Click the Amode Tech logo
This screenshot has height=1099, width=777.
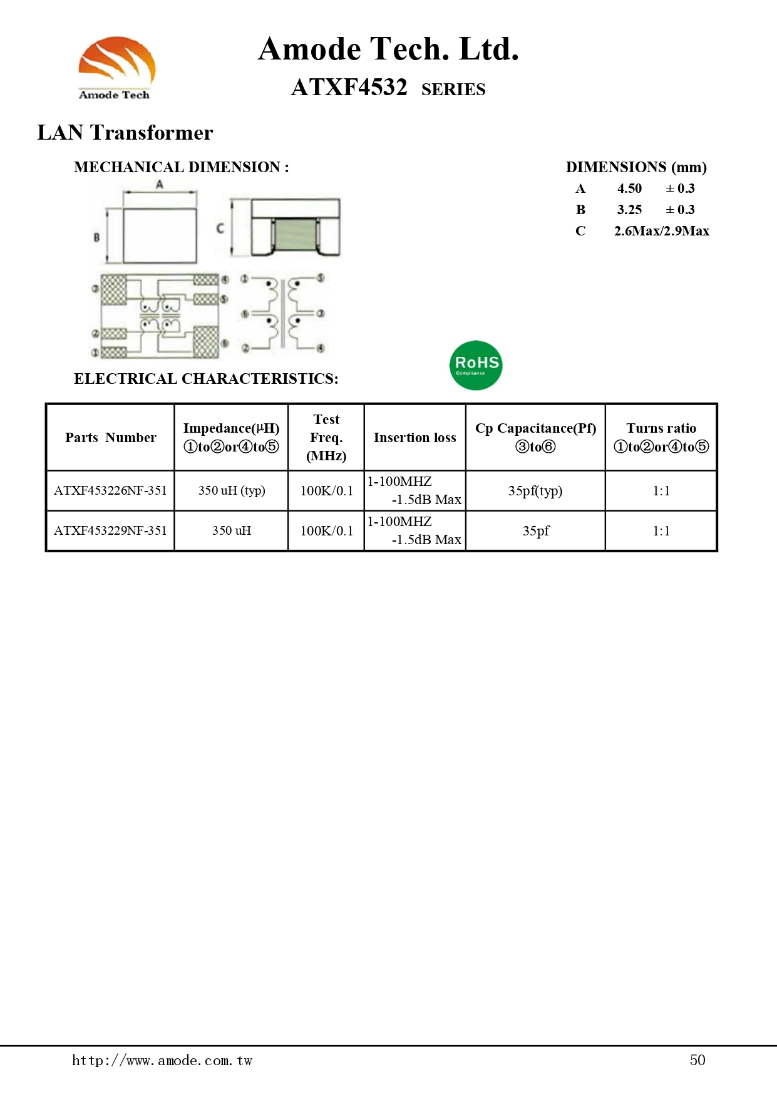click(116, 68)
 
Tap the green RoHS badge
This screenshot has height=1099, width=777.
click(476, 365)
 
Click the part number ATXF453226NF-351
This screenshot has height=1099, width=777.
click(110, 490)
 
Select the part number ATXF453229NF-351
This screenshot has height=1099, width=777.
click(110, 530)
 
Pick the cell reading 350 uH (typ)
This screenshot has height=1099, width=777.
click(232, 490)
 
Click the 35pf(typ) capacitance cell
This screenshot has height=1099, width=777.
click(535, 490)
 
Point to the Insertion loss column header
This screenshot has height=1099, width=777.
click(414, 438)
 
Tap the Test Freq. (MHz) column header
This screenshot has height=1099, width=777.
click(326, 437)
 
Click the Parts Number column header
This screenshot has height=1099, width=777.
click(111, 438)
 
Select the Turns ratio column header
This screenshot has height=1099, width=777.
click(661, 437)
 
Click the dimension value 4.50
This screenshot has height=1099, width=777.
click(629, 188)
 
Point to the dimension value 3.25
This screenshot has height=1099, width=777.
click(629, 210)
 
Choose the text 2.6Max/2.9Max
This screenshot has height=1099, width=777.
click(662, 231)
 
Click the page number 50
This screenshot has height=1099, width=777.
click(697, 1060)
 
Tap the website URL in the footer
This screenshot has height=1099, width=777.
click(162, 1060)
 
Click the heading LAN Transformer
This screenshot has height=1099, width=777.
click(125, 133)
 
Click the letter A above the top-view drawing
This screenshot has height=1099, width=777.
click(160, 184)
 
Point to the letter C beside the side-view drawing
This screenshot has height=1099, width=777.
click(220, 229)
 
